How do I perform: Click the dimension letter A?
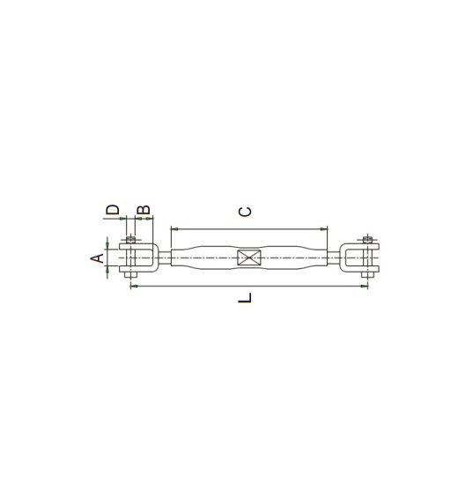[x=98, y=258]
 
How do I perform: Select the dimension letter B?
[x=144, y=210]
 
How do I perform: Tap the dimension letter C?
[x=246, y=212]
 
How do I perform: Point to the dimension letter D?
[x=113, y=210]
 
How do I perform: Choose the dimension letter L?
[x=245, y=298]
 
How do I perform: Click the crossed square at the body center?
[x=249, y=257]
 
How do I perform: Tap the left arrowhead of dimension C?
[x=174, y=229]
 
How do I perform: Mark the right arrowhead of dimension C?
[x=323, y=229]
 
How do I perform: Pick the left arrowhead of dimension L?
[x=134, y=287]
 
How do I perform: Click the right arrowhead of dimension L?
[x=365, y=287]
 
